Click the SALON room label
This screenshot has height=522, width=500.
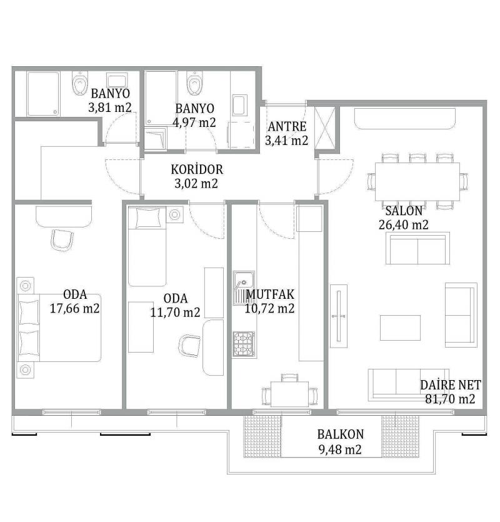coord(404,211)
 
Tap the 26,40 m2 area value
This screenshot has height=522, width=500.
coord(404,224)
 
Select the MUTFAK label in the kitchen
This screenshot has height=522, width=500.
coord(270,294)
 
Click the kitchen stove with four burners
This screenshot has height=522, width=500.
coord(244,344)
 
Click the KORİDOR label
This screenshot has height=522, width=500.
coord(197,169)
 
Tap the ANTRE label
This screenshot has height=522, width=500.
coord(287,126)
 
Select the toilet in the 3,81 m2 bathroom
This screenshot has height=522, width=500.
coord(80,83)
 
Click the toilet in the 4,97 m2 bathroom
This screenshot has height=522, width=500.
coord(194,83)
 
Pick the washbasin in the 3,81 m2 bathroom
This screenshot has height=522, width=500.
coord(117,81)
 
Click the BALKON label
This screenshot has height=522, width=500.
coord(341,434)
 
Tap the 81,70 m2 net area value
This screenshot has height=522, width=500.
coord(450,399)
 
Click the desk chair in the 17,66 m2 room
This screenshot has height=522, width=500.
coord(62,239)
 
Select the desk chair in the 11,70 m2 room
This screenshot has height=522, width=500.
coord(189,346)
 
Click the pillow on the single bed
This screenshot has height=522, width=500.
coord(148,218)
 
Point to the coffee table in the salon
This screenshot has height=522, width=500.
coord(400,328)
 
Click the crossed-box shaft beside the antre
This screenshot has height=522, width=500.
coord(325,128)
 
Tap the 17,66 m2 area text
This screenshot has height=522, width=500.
coord(75,308)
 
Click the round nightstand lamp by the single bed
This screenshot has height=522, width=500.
coord(175,214)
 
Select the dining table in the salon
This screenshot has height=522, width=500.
coord(417,182)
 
